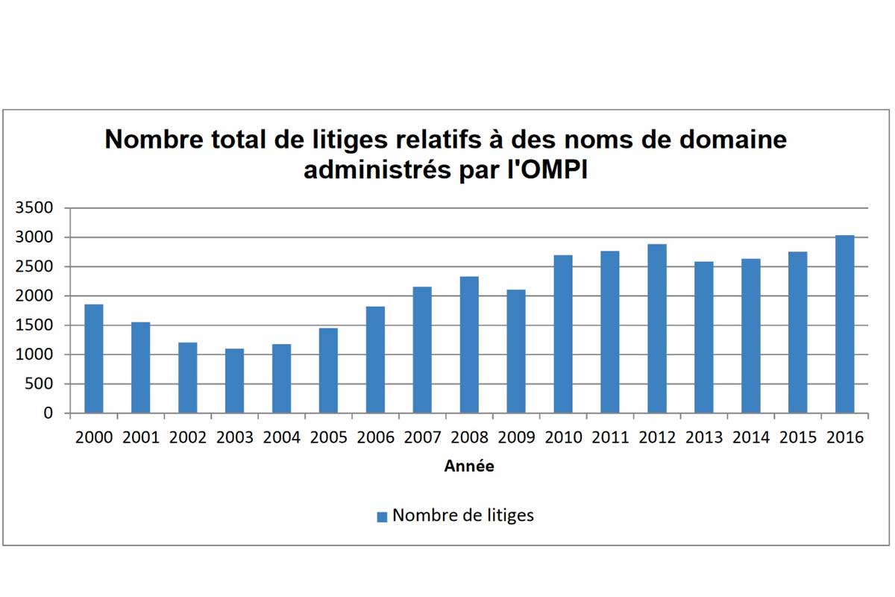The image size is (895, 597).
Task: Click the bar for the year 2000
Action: [93, 358]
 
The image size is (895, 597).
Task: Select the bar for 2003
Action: [234, 381]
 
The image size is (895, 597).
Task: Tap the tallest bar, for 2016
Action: [844, 324]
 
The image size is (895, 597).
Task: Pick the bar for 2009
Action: [516, 351]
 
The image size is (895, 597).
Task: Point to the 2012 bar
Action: [657, 328]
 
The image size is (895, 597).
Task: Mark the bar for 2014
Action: [750, 336]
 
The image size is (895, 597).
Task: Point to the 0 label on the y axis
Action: [48, 413]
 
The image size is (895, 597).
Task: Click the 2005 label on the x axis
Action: [328, 438]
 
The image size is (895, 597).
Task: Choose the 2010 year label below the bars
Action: [563, 438]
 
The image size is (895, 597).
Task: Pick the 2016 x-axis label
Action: [844, 438]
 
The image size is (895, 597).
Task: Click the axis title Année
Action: [469, 466]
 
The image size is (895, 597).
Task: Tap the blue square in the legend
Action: [382, 516]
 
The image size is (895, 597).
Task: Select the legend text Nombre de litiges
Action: [463, 516]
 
